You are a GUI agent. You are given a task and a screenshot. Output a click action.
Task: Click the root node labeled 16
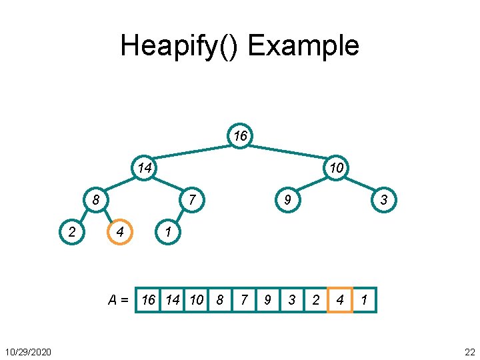click(240, 136)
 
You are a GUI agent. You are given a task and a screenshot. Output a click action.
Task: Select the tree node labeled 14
click(144, 168)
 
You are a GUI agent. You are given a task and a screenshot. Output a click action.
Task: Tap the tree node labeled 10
click(337, 168)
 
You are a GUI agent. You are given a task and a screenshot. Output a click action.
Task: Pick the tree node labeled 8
click(96, 200)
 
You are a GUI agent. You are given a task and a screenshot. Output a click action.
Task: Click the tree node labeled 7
click(192, 200)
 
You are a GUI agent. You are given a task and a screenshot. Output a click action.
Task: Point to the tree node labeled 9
click(288, 200)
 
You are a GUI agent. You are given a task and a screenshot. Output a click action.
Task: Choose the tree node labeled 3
click(384, 200)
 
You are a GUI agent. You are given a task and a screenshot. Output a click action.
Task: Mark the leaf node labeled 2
click(72, 232)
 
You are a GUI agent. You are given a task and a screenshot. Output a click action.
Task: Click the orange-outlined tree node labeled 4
click(120, 232)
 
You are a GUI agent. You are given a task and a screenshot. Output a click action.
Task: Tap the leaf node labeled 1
click(168, 232)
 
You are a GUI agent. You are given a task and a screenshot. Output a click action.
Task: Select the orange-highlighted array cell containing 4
click(340, 300)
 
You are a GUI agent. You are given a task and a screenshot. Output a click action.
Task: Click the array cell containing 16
click(149, 300)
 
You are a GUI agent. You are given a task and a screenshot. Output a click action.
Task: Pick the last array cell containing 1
click(364, 300)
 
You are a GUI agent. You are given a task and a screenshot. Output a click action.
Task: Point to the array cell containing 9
click(268, 300)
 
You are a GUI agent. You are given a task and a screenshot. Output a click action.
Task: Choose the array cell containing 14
click(173, 300)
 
